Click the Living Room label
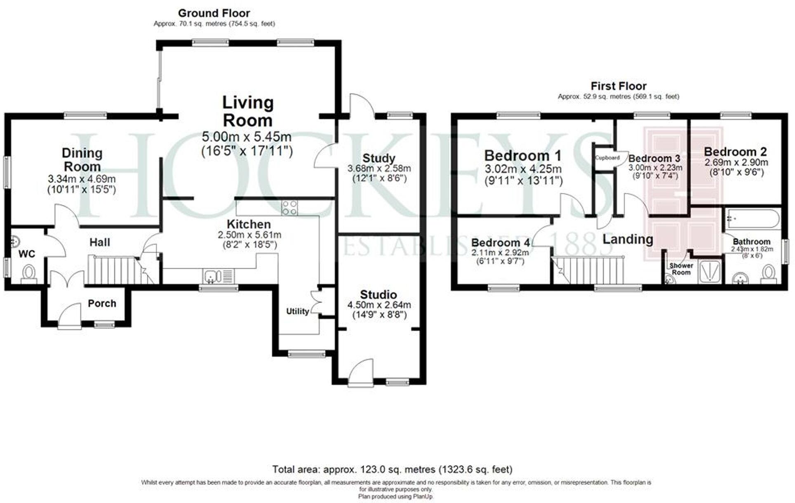coord(247,111)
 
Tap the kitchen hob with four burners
coord(289,207)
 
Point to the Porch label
coord(102,303)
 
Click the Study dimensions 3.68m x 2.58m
coord(379,169)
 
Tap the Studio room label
coord(378,294)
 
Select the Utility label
coord(298,311)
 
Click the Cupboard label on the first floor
coord(607,158)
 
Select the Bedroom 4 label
coord(500,242)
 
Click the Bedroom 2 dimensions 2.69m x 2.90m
coord(736,162)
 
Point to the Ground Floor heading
coord(214,13)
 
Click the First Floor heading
coord(618,86)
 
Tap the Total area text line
coord(392,469)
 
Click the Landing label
coord(628,239)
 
